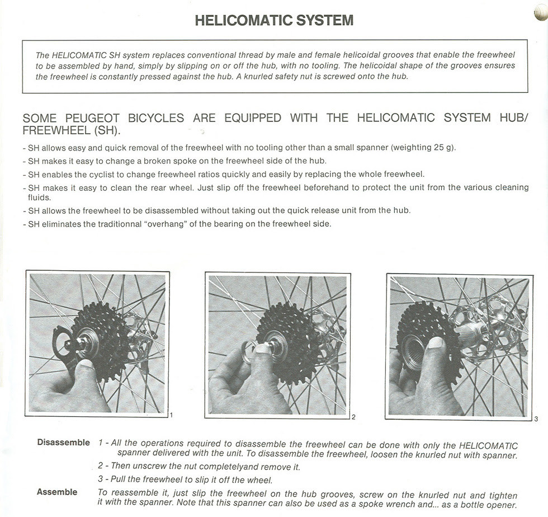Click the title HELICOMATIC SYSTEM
[x=274, y=21]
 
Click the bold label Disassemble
[x=63, y=443]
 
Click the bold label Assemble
[x=57, y=492]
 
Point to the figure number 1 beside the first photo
[x=171, y=415]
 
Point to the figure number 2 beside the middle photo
[x=353, y=417]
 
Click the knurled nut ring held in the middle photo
[x=248, y=353]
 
